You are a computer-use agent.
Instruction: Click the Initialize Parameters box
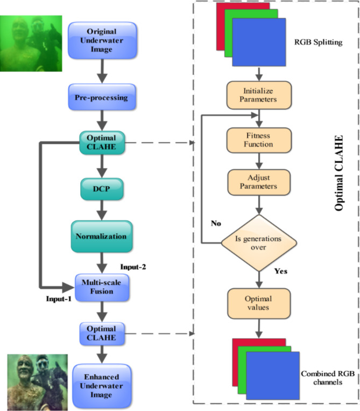click(x=260, y=95)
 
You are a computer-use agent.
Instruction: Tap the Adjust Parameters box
click(x=260, y=183)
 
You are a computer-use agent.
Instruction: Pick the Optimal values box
click(x=260, y=304)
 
